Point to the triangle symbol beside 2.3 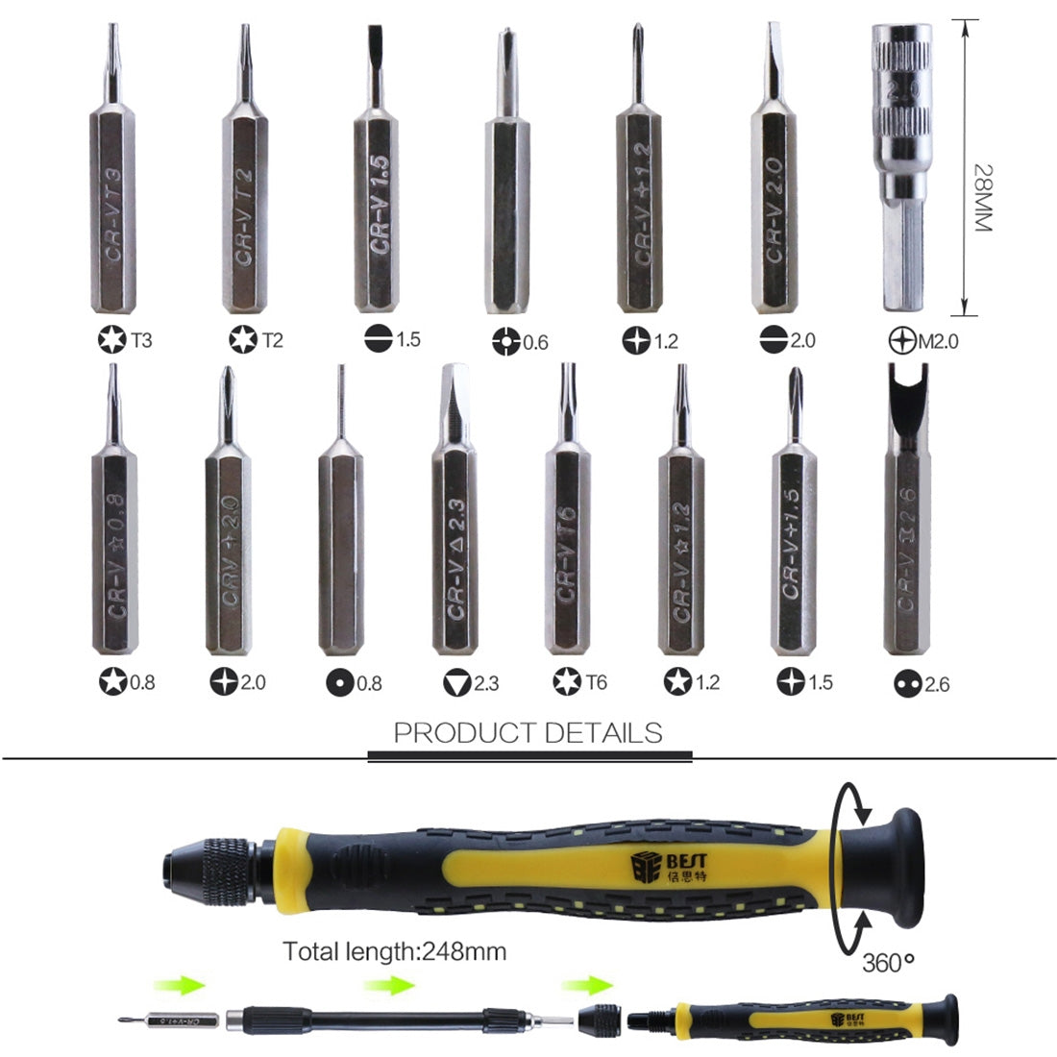coord(456,683)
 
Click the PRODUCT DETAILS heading coord(528,733)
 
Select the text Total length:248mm coord(394,951)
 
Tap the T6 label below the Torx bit coord(596,683)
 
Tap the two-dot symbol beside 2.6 coord(906,684)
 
